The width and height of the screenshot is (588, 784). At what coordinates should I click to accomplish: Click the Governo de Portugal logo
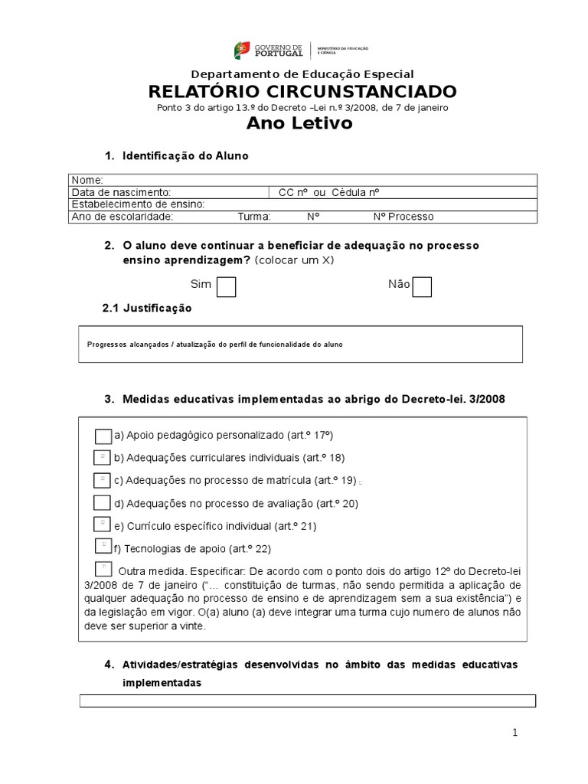302,51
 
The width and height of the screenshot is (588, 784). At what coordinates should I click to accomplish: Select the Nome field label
82,179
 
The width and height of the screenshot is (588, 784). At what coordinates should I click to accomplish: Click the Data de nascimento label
121,192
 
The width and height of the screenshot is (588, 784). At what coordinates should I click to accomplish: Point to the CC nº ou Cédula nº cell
329,192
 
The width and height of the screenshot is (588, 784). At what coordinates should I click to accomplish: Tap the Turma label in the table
254,217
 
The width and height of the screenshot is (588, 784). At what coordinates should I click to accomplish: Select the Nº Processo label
403,217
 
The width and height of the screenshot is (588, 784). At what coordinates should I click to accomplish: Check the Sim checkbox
226,286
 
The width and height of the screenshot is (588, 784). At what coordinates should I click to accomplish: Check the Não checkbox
422,286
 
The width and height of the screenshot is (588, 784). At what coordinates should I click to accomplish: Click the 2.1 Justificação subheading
147,308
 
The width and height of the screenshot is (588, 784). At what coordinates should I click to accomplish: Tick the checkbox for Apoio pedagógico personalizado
103,436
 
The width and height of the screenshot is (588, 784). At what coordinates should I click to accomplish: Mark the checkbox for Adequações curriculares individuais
103,458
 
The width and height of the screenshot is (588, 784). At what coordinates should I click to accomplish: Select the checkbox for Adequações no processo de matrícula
103,480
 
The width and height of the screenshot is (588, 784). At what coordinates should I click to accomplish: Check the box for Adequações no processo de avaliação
103,503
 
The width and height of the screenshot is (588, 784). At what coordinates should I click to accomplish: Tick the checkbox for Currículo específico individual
103,524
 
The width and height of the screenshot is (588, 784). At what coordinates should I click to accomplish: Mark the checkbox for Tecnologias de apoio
104,546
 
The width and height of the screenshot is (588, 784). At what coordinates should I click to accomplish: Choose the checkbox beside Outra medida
103,569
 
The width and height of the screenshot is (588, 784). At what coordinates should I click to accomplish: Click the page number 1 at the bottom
515,733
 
